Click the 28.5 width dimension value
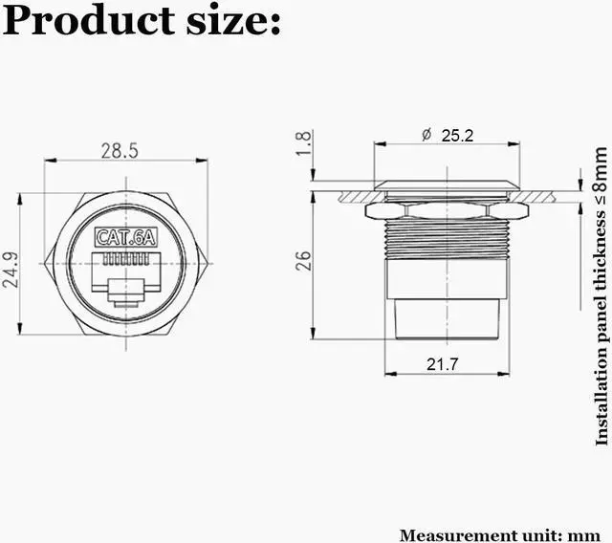click(120, 150)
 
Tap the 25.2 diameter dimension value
click(457, 136)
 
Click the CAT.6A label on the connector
click(125, 238)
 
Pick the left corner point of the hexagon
click(46, 262)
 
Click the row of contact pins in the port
click(125, 259)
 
